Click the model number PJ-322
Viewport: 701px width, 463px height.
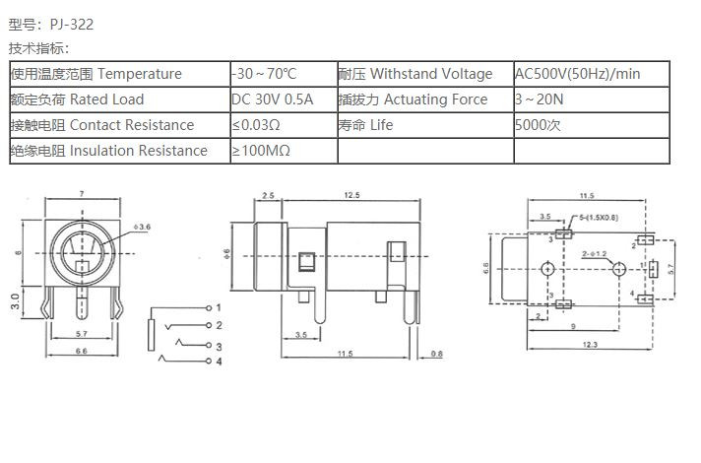click(72, 25)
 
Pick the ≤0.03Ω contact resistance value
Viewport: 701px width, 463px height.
click(256, 125)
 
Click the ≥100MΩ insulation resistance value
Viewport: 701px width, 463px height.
click(261, 151)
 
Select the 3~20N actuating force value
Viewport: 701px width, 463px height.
click(540, 99)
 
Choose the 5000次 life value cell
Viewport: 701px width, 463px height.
click(538, 125)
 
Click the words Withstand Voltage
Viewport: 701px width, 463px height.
click(431, 73)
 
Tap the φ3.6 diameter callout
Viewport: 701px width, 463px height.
click(142, 227)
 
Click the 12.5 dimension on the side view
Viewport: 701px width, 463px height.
click(351, 195)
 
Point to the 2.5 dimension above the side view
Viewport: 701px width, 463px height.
click(268, 195)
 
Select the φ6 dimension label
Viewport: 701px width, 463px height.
click(226, 254)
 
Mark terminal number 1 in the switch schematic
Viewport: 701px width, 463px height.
click(219, 307)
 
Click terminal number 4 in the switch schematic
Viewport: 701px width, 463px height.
click(219, 362)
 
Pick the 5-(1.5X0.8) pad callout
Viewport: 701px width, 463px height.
click(599, 218)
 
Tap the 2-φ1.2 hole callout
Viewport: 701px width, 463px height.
click(594, 254)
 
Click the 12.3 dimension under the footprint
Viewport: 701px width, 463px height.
click(590, 345)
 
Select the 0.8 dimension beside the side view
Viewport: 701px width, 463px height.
click(437, 354)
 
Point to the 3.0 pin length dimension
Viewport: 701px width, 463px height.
click(15, 301)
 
